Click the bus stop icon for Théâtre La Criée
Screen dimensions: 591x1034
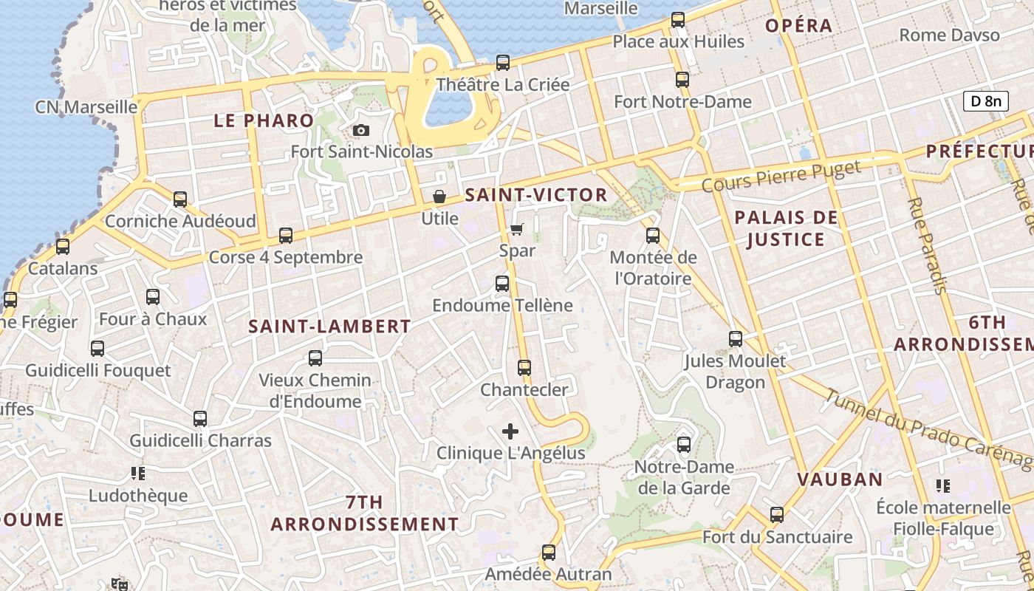[x=503, y=63]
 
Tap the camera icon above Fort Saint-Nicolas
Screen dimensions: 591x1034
[x=361, y=131]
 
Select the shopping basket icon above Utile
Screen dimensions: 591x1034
[x=439, y=197]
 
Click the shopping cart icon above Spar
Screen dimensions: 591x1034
[x=517, y=229]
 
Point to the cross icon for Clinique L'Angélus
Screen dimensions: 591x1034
[x=510, y=431]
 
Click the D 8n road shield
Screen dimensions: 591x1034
[x=985, y=101]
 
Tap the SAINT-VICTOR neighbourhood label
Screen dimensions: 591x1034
[x=536, y=195]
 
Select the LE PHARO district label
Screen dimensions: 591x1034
[x=264, y=120]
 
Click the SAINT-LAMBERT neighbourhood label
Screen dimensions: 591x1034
[x=329, y=326]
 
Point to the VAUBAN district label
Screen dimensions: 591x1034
[x=840, y=479]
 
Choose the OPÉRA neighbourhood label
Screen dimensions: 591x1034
[x=798, y=26]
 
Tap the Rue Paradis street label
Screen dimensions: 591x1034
[x=927, y=246]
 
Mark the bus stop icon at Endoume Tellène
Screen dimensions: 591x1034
[x=502, y=283]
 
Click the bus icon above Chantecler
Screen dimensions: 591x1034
[x=524, y=367]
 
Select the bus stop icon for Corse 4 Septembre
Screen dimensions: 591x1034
[x=286, y=236]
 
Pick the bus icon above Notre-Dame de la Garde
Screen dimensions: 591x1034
[x=684, y=445]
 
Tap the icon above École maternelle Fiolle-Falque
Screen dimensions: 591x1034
[x=942, y=485]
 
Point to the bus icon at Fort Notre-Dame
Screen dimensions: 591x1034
[x=682, y=79]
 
